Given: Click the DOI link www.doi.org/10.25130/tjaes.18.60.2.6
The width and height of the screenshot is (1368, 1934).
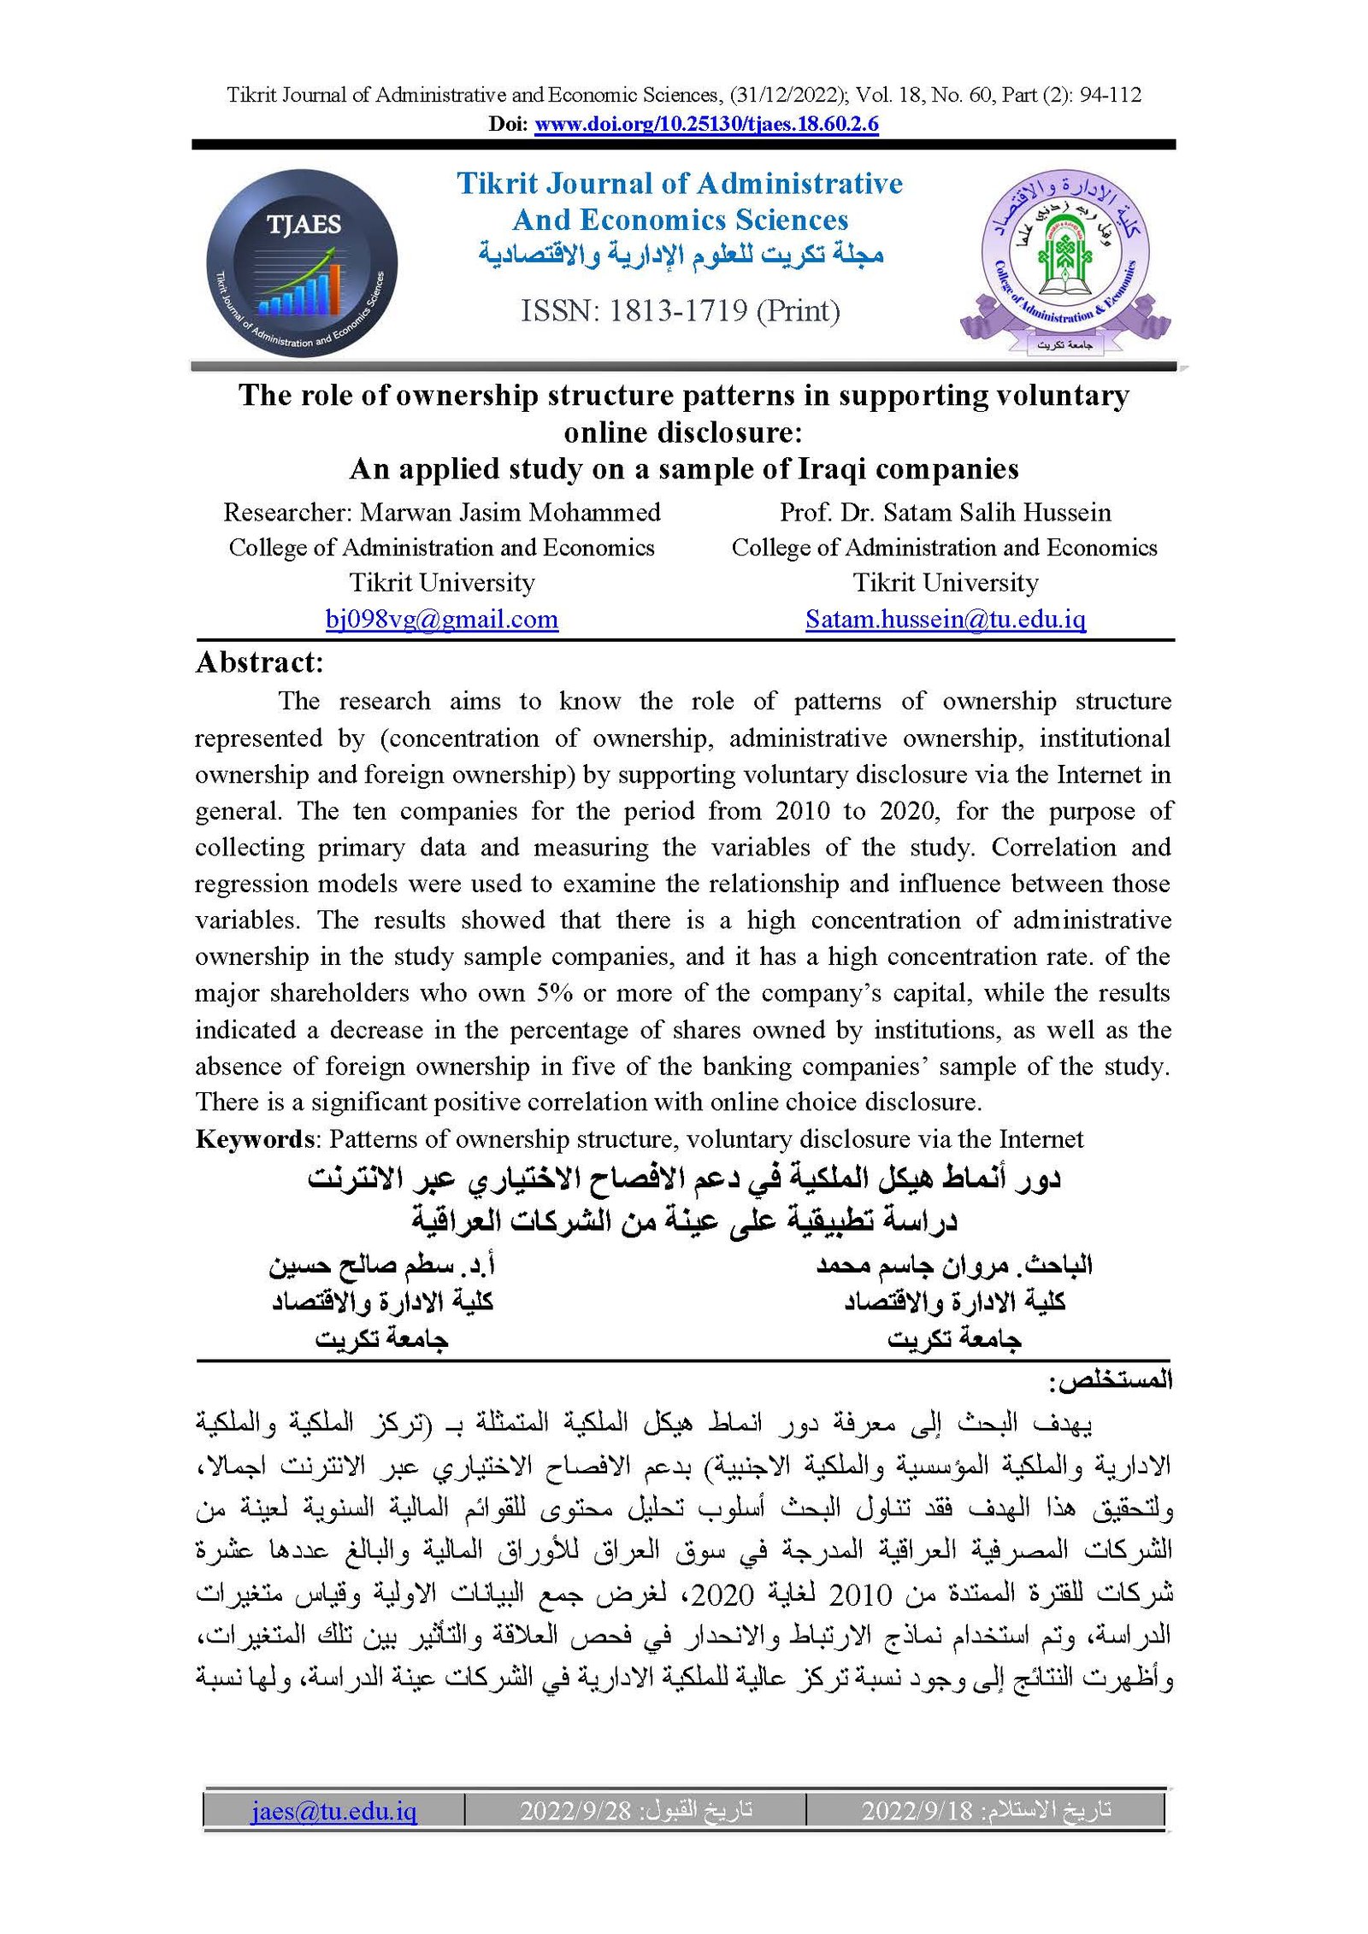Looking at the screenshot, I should coord(706,125).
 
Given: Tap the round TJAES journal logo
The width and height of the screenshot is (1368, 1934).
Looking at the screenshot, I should coord(301,262).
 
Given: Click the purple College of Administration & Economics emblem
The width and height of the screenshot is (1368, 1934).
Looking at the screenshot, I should coord(1064,261).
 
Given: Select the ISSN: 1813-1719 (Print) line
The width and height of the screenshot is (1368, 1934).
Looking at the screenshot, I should coord(680,311).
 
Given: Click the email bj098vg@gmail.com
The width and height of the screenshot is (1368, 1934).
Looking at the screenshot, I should coord(441,619).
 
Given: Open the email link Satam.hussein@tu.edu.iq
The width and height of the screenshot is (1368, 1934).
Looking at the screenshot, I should coord(945,619).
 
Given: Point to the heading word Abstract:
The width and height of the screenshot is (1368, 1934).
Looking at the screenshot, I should coord(259,663).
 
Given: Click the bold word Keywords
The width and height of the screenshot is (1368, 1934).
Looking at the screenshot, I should coord(255,1139).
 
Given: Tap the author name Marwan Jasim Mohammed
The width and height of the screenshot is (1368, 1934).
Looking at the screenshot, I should coord(510,513).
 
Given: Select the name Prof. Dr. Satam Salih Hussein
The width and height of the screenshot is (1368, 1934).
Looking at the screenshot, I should coord(945,513).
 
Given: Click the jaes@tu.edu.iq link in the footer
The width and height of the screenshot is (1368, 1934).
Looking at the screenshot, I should coord(333,1811).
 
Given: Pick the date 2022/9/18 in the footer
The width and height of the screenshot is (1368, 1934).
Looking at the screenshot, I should coord(917,1811).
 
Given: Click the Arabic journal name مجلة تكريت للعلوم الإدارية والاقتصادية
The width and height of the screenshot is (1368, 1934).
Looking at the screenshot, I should coord(680,255).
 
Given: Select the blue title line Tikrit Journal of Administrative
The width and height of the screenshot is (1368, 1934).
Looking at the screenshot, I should coord(680,184).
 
